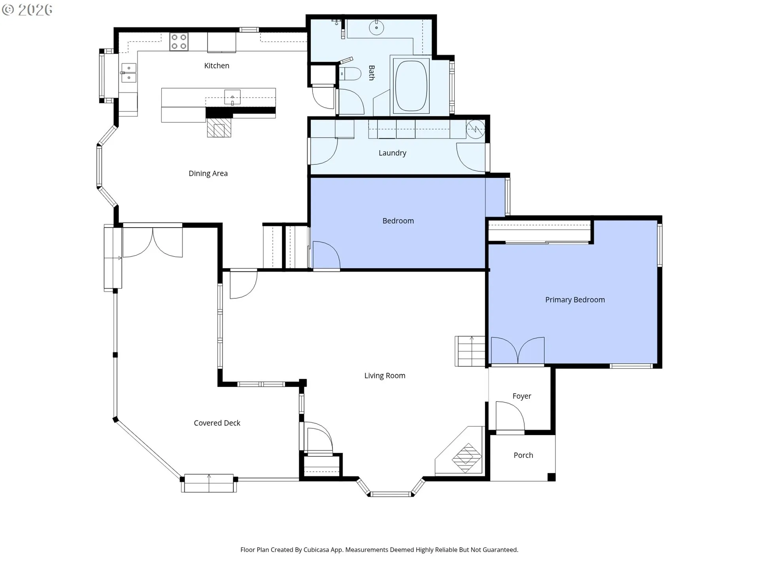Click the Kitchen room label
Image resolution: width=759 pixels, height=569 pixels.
[x=217, y=66]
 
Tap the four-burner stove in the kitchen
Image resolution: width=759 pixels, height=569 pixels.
[x=179, y=42]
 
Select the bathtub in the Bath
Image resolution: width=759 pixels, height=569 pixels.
[x=412, y=85]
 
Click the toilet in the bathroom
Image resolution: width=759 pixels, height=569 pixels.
[x=350, y=74]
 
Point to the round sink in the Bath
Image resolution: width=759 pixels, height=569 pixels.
[x=376, y=28]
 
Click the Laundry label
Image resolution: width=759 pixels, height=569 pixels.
[x=392, y=153]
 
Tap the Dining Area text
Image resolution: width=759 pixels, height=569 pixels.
[x=208, y=173]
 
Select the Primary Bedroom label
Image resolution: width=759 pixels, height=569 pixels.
[x=575, y=300]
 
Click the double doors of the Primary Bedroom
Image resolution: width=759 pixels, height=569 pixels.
[x=517, y=350]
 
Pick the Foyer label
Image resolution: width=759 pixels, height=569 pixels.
[x=522, y=396]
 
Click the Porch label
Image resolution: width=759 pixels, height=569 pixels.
[x=523, y=455]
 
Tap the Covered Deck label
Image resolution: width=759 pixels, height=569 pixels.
[x=217, y=423]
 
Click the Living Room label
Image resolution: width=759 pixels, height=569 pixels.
[x=385, y=376]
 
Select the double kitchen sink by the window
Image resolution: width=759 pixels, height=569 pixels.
[x=129, y=73]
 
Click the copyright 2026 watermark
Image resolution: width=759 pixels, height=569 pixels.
[x=27, y=10]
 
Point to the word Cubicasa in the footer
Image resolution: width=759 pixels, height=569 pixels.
[x=316, y=550]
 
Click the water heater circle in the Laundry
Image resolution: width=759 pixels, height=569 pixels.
[x=476, y=129]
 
